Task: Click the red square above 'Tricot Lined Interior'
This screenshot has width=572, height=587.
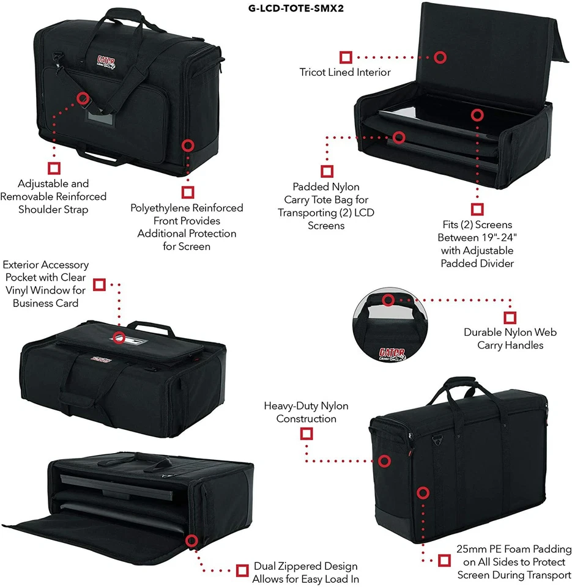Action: pos(346,57)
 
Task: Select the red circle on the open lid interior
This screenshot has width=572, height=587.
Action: pos(440,57)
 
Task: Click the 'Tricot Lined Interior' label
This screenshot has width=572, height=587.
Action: pos(345,72)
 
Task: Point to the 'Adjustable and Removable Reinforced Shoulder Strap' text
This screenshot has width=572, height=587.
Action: pos(53,196)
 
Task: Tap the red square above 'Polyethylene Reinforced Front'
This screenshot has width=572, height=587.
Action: pos(187,191)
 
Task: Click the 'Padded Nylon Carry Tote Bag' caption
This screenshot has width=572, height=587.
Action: pos(326,206)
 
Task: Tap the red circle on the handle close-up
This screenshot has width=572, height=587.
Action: pos(388,300)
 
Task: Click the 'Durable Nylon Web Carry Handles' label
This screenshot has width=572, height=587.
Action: pos(510,339)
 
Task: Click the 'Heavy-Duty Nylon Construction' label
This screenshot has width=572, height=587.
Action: pos(306,412)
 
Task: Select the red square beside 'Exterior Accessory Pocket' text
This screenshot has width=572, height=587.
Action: pos(99,284)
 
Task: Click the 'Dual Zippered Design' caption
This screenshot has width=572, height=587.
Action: pos(305,572)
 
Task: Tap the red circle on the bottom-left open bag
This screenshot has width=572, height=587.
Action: pos(191,541)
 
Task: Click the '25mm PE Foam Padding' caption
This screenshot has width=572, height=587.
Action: pos(514,562)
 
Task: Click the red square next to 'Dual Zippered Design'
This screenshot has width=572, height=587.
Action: pos(242,570)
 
